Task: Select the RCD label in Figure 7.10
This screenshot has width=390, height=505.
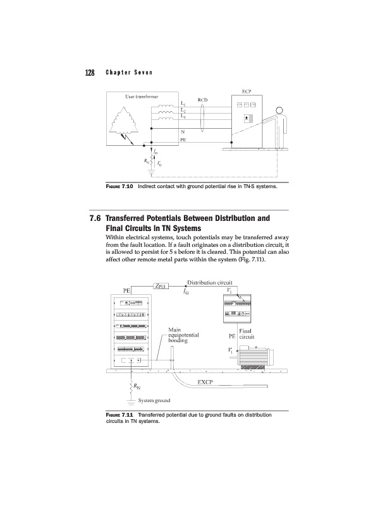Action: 203,99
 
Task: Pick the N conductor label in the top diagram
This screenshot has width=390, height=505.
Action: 183,131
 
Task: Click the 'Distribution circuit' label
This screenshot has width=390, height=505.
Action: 210,282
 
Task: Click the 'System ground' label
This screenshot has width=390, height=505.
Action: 149,400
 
